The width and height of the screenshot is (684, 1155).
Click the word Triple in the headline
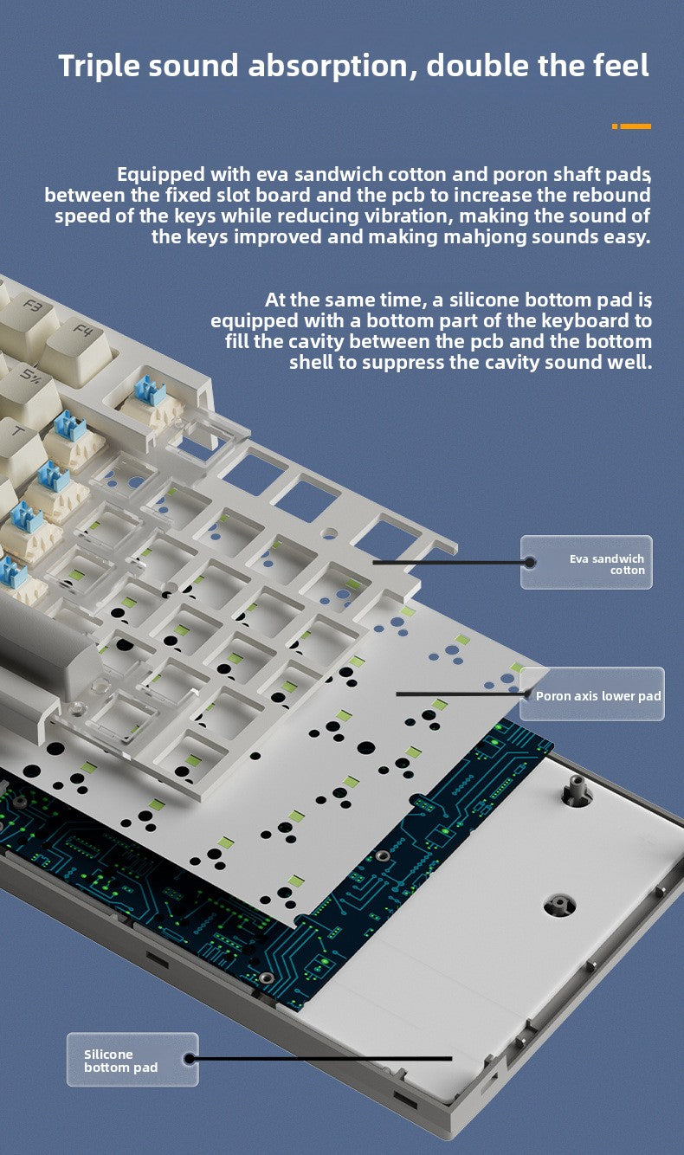99,67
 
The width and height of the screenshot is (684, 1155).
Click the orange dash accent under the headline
631,126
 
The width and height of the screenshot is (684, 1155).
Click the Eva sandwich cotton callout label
607,565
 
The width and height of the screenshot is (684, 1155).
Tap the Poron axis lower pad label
598,696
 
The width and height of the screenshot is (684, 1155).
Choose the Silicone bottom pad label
120,1061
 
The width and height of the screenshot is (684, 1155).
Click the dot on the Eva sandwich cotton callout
529,562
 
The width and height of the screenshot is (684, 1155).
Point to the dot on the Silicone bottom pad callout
189,1059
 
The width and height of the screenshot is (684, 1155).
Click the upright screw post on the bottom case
573,789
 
